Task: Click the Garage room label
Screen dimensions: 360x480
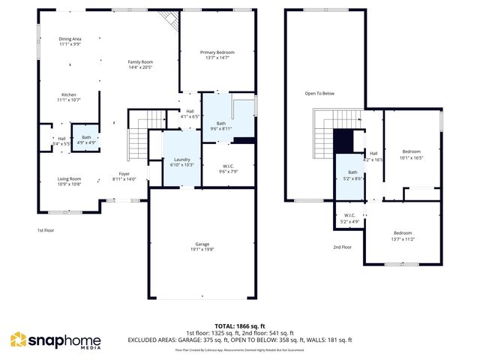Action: [202, 247]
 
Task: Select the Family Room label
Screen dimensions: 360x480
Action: [140, 64]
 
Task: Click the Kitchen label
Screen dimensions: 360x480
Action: [69, 97]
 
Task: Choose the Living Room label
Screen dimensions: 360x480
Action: [69, 181]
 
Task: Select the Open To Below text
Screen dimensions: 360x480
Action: [319, 94]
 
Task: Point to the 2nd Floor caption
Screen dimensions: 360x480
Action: [342, 247]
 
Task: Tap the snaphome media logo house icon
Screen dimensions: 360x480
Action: [18, 340]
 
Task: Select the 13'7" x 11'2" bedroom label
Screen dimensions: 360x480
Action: [403, 235]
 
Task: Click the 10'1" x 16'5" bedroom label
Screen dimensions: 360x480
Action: [411, 154]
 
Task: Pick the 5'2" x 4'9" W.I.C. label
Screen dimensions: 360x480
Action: [349, 219]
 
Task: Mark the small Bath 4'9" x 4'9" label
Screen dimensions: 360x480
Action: [87, 139]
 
